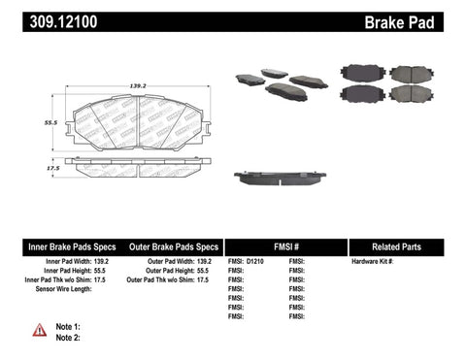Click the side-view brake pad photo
click(281, 180)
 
